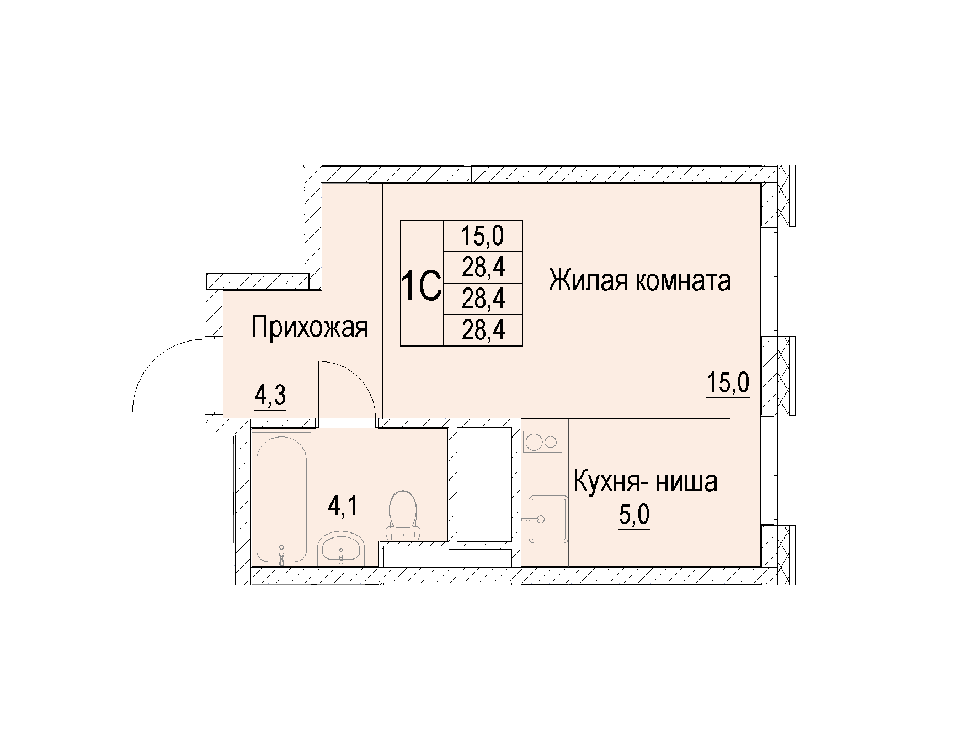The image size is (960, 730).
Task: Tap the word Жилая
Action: pos(586,281)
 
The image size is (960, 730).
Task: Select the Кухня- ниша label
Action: pos(646,481)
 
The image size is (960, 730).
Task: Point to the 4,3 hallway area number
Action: pos(270,395)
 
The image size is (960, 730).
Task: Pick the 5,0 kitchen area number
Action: pos(634,515)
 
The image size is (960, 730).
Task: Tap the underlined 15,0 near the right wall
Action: pos(728,382)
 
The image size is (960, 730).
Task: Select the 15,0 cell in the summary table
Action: pos(483,236)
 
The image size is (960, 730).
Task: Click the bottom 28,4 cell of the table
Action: pos(483,331)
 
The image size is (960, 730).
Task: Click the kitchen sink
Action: pos(548,519)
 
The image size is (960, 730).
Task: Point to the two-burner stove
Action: pos(543,442)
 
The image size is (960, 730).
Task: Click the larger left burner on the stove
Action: pos(535,442)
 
